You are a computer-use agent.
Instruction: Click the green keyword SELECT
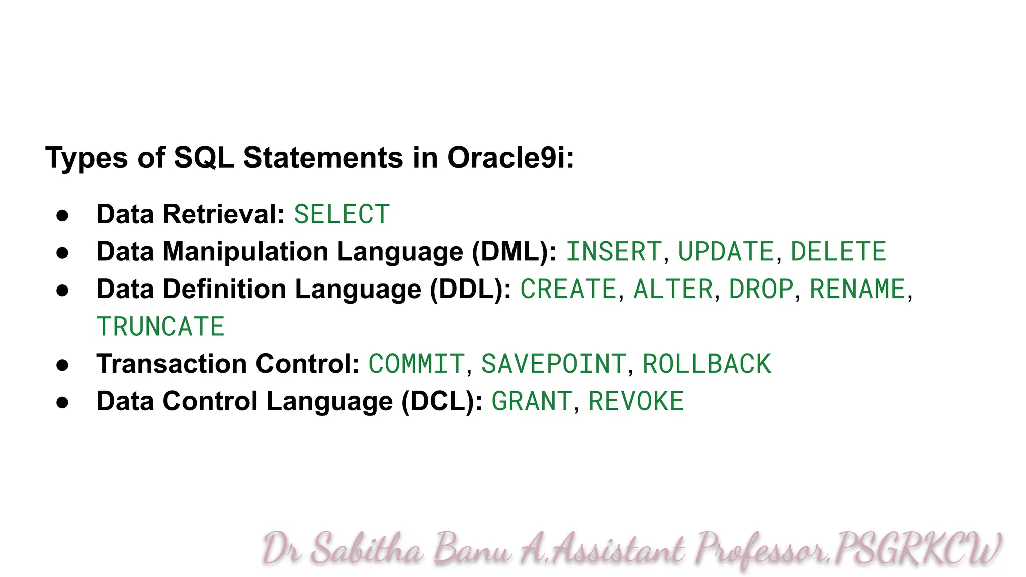tap(342, 215)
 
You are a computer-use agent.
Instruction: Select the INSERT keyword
tap(614, 252)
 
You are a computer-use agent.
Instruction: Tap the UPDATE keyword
tap(726, 252)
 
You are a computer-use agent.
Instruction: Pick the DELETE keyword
tap(838, 252)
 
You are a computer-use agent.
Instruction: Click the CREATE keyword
tap(568, 290)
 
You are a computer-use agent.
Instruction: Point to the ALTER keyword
tap(673, 290)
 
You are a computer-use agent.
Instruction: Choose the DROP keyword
tap(761, 290)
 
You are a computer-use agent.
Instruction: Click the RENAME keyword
tap(857, 290)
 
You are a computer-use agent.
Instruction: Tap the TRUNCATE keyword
tap(160, 327)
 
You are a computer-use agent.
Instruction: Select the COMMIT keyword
tap(416, 364)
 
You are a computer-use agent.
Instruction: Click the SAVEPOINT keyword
tap(554, 364)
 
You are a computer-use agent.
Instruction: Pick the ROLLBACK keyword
tap(706, 364)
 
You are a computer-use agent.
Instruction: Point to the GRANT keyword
tap(532, 402)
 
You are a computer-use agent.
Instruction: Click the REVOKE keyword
tap(636, 402)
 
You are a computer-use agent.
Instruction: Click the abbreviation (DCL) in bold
tap(441, 402)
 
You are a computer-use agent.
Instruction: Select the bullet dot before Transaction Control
tap(62, 365)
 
